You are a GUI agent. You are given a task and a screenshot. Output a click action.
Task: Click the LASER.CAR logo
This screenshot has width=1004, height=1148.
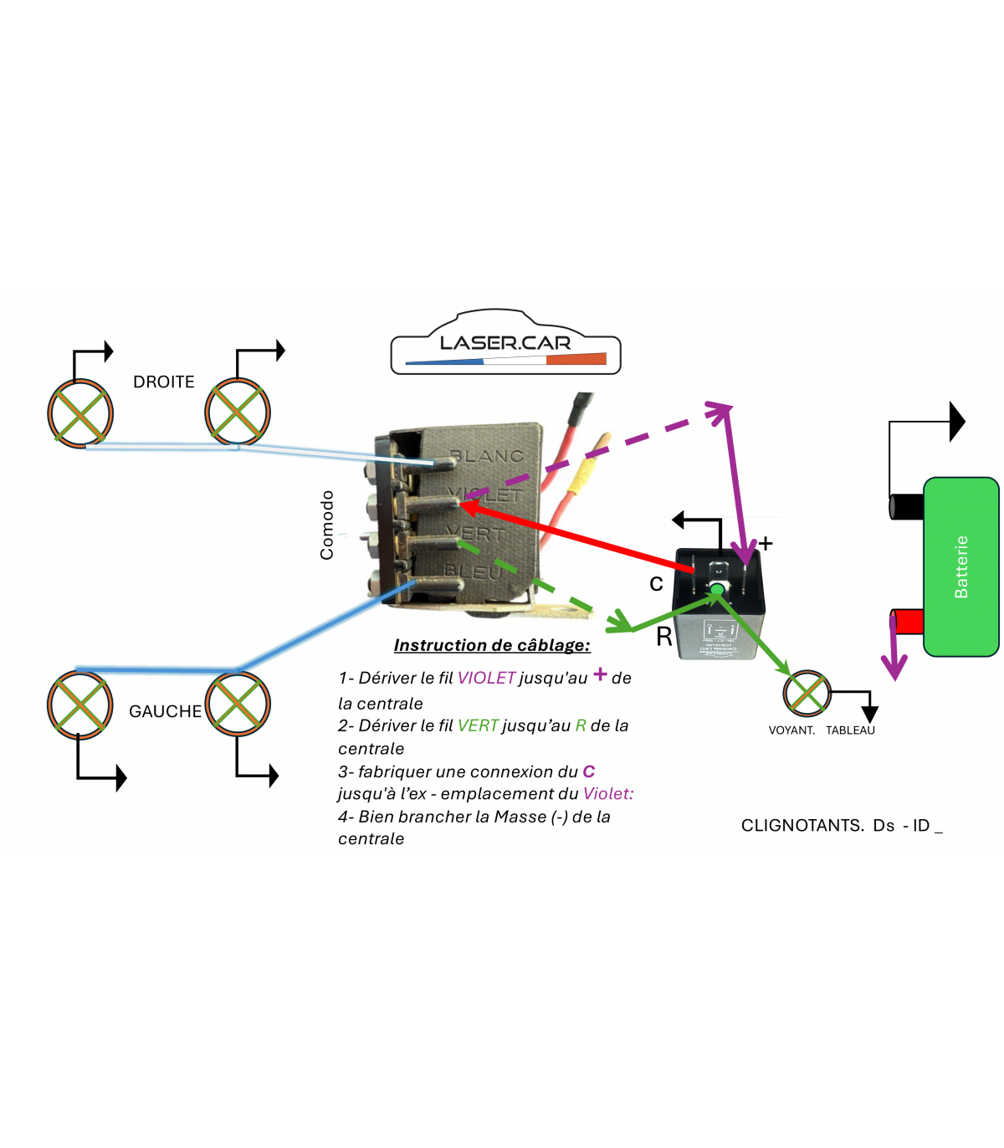pyautogui.click(x=505, y=343)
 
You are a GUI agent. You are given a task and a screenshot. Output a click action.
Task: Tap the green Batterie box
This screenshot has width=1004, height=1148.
pyautogui.click(x=960, y=566)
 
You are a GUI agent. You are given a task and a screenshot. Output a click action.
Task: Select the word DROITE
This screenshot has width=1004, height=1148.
pyautogui.click(x=164, y=382)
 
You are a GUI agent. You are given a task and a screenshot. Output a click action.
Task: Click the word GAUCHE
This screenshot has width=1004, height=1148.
pyautogui.click(x=165, y=711)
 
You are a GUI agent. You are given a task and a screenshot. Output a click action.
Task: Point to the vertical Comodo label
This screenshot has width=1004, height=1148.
pyautogui.click(x=327, y=525)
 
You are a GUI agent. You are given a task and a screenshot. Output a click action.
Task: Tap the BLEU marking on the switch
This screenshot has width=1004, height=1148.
pyautogui.click(x=474, y=572)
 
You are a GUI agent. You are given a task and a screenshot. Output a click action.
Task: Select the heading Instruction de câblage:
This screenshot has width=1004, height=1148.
pyautogui.click(x=492, y=645)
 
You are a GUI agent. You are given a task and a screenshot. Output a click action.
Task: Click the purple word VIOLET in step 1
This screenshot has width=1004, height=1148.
pyautogui.click(x=486, y=678)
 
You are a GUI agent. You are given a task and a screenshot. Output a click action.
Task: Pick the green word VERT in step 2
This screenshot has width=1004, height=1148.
pyautogui.click(x=478, y=725)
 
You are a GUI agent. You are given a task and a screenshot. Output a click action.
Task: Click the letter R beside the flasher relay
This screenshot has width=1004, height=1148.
pyautogui.click(x=664, y=637)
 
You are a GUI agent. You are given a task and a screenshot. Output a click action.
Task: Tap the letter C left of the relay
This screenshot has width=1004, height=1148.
pyautogui.click(x=657, y=583)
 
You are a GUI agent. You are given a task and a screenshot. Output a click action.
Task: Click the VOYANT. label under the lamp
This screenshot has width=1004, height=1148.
pyautogui.click(x=791, y=730)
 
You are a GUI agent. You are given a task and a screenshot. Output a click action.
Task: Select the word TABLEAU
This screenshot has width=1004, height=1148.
pyautogui.click(x=850, y=730)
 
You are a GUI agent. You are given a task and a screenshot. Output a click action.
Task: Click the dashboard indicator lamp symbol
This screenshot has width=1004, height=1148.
pyautogui.click(x=807, y=693)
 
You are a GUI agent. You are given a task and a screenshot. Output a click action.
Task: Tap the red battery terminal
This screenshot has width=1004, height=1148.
pyautogui.click(x=907, y=622)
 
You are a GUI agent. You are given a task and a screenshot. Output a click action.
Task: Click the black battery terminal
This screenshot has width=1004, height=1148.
pyautogui.click(x=906, y=506)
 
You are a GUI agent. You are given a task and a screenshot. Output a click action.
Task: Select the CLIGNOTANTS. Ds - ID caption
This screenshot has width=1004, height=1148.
pyautogui.click(x=841, y=826)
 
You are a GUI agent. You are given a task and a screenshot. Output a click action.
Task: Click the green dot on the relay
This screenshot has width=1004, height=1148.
pyautogui.click(x=717, y=590)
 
